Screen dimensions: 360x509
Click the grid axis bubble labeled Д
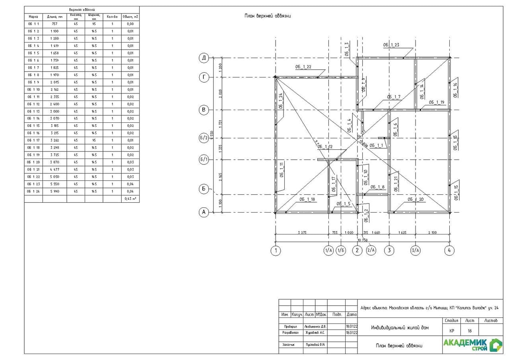204,58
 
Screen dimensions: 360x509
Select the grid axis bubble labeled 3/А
415,250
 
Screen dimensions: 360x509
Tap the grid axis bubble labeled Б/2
204,138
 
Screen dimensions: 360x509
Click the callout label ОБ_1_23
391,45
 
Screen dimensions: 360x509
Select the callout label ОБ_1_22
303,67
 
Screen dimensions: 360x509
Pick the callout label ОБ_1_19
436,102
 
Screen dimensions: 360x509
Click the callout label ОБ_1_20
416,199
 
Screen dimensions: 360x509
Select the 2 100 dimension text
433,232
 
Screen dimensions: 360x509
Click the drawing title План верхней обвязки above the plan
268,16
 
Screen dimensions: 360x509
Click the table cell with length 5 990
54,192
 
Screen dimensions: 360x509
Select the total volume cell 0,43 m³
130,199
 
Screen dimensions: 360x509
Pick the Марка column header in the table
33,17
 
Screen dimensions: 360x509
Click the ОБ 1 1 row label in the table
33,24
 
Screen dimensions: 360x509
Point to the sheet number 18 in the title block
470,331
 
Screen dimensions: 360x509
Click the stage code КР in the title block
452,331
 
